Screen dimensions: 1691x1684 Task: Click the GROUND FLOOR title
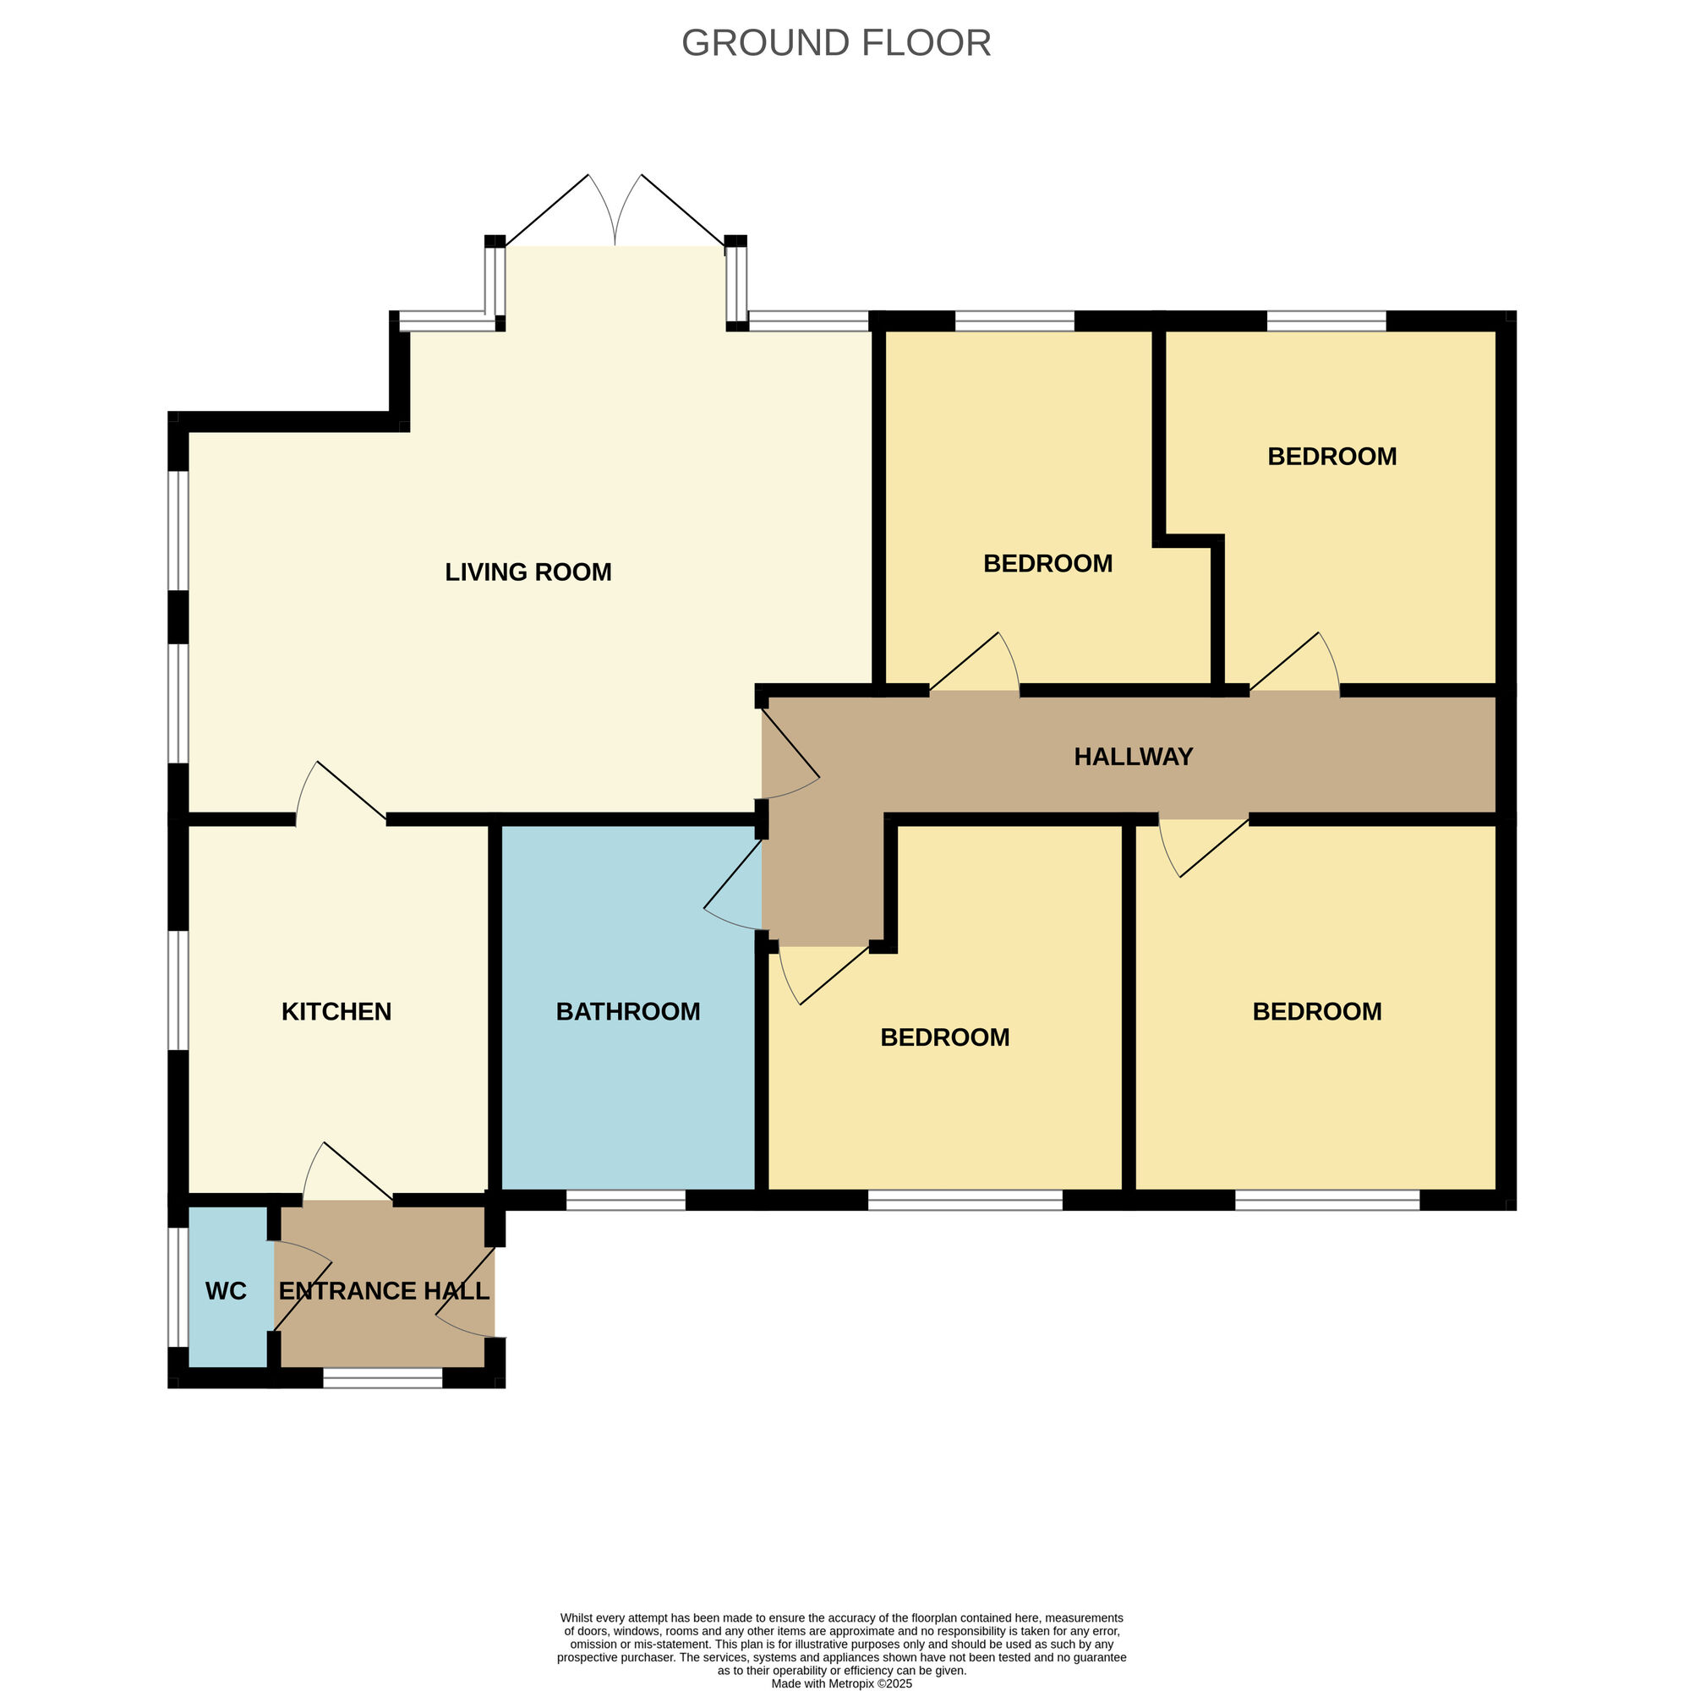coord(835,43)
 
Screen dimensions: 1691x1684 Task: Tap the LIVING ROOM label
coord(528,572)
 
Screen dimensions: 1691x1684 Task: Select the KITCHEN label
coord(336,1012)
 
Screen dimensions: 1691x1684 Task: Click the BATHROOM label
coord(627,1012)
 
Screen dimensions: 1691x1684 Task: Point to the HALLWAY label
coord(1133,757)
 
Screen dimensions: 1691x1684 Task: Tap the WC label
coord(226,1291)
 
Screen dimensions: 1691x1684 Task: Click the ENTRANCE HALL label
coord(383,1291)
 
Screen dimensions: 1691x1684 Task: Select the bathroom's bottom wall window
coord(626,1200)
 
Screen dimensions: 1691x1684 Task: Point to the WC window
coord(178,1287)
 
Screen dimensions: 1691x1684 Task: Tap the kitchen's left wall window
coord(178,990)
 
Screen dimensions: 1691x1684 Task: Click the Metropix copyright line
coord(841,1683)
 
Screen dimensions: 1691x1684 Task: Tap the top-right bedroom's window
coord(1326,320)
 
